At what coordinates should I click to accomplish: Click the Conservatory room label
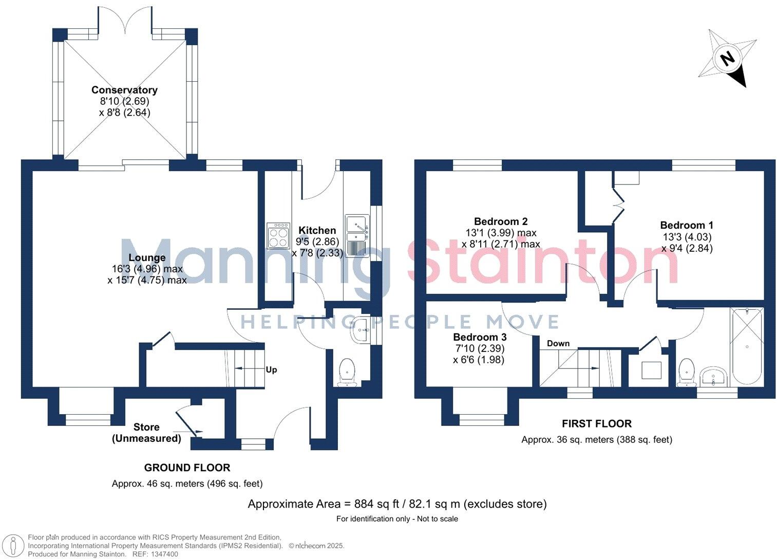tap(124, 90)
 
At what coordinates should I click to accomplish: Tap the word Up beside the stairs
tap(271, 369)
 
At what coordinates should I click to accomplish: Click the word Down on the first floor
tap(558, 343)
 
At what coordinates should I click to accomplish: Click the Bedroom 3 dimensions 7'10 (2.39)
tap(479, 348)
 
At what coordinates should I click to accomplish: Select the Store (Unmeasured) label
tap(146, 433)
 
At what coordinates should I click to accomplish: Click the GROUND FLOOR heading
tap(187, 468)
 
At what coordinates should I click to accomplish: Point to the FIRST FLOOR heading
tap(596, 424)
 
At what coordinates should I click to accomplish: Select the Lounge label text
tap(147, 257)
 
